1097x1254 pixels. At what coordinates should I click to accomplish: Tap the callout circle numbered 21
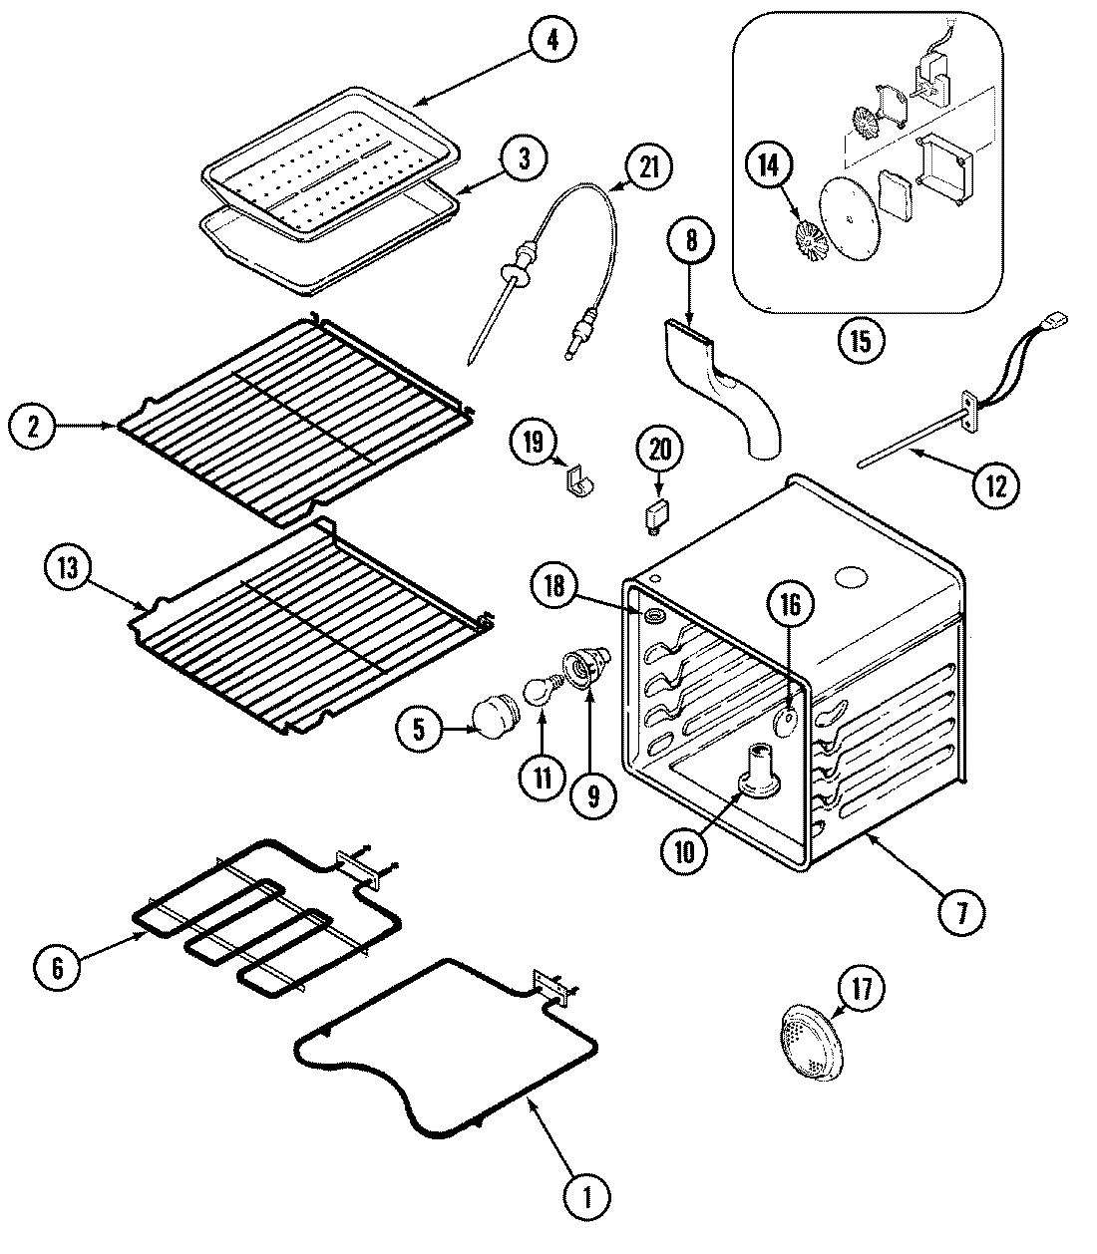point(648,167)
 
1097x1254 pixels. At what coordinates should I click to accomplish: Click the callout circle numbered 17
point(861,989)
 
